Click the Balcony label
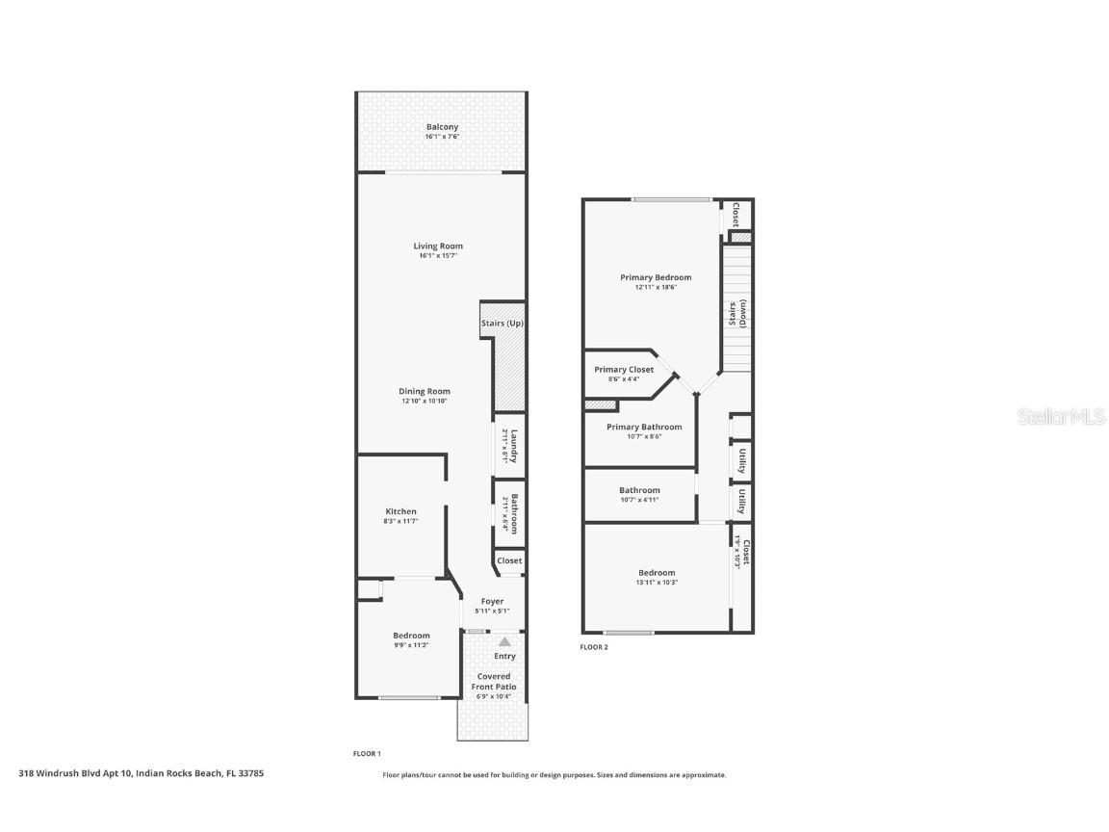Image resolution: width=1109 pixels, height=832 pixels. [x=442, y=127]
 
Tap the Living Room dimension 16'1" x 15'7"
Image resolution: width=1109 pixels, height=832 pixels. [x=439, y=256]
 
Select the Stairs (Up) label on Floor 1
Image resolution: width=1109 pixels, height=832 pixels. [x=503, y=324]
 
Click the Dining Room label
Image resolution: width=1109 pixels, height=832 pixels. [x=425, y=391]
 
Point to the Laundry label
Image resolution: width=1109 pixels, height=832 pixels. [x=515, y=446]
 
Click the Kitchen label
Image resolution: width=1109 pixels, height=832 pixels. [x=401, y=511]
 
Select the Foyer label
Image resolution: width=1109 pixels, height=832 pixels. [x=492, y=602]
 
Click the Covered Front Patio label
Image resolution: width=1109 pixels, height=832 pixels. [x=494, y=682]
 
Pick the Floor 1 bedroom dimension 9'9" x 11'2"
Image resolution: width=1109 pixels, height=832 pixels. [x=411, y=645]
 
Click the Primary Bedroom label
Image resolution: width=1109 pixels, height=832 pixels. [x=656, y=277]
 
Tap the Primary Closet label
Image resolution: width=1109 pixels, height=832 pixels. [x=624, y=370]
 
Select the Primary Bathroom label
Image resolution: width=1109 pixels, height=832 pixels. [x=644, y=427]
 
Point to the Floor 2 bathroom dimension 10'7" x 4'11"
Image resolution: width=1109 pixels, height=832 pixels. [x=639, y=500]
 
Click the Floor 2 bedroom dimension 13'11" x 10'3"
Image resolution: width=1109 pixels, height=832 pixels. [x=656, y=583]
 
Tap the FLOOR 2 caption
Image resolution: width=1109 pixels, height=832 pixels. [x=594, y=647]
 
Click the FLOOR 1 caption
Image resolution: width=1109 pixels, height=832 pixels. [x=367, y=753]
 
